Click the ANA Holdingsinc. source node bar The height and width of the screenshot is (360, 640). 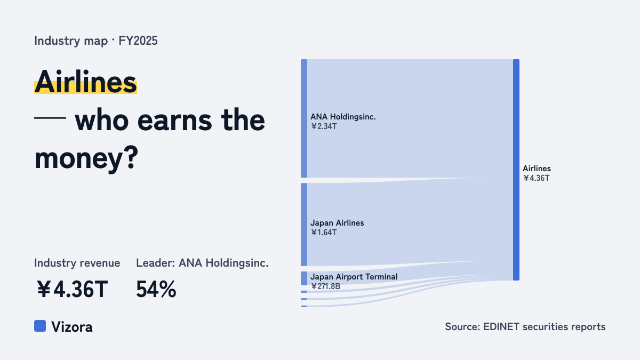[304, 118]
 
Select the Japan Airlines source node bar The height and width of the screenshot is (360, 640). [304, 225]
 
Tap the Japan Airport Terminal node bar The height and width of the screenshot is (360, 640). [304, 278]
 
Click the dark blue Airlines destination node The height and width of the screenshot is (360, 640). [516, 170]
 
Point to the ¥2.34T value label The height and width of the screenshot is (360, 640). [324, 126]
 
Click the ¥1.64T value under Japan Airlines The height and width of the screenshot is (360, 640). [324, 233]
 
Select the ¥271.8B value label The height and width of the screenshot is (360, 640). [326, 286]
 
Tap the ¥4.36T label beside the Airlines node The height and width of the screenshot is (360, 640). [537, 178]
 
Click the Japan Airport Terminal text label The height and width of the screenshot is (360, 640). [354, 277]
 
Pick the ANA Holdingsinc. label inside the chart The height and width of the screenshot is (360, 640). [343, 117]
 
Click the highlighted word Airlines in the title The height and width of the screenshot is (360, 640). [85, 82]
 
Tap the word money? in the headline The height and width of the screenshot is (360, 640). [86, 158]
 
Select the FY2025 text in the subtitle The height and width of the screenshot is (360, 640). [138, 41]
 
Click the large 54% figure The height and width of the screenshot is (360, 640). [156, 289]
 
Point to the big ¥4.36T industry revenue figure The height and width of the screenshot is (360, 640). [73, 289]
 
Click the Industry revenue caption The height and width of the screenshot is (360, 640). [77, 263]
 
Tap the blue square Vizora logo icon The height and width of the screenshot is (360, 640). [40, 326]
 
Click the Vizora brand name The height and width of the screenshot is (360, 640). [71, 326]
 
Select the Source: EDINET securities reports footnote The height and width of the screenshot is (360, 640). [525, 326]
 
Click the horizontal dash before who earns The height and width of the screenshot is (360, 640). [50, 118]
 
